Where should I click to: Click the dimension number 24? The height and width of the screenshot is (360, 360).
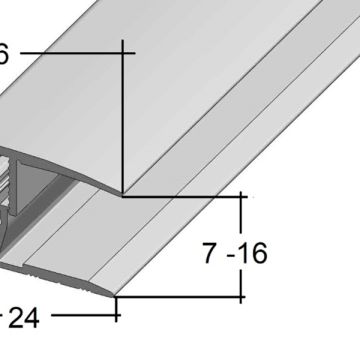[x=23, y=318]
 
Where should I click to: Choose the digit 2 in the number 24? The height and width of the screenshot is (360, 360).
[x=15, y=318]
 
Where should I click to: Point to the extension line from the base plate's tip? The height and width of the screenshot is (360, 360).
[x=180, y=296]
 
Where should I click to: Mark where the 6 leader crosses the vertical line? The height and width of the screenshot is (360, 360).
[x=122, y=52]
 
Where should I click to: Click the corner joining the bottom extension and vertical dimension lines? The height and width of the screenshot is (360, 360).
[x=243, y=296]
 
